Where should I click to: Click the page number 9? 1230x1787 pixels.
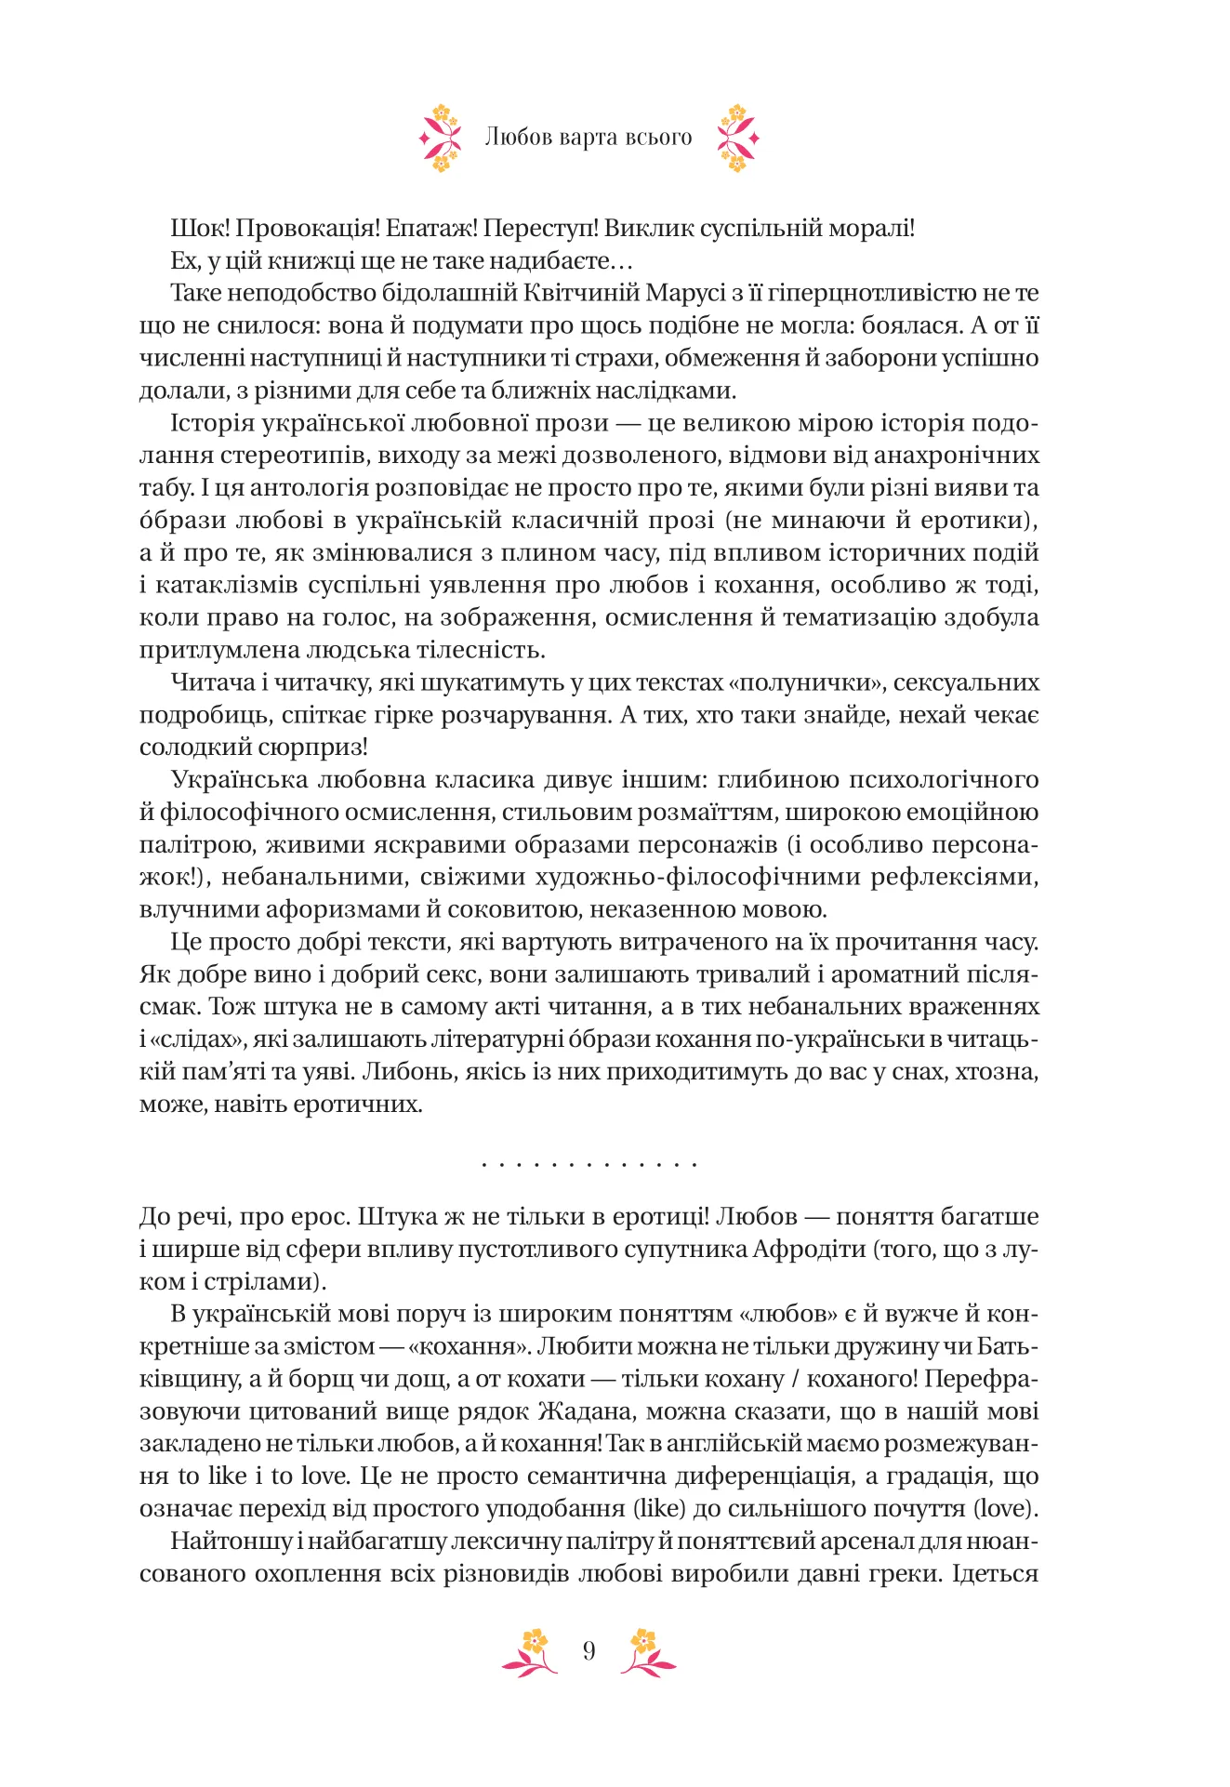tap(589, 1651)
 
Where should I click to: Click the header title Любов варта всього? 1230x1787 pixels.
tap(589, 138)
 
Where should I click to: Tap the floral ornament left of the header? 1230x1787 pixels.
tap(441, 139)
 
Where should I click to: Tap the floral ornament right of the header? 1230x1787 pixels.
tap(737, 139)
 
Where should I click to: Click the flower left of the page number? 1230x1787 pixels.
tap(531, 1652)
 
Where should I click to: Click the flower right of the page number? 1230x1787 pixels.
tap(647, 1652)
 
